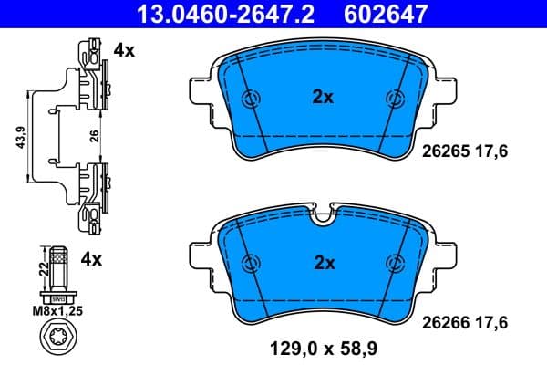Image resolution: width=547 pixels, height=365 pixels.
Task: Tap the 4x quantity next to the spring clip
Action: coord(124,51)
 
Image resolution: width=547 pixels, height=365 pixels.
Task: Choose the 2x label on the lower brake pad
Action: coord(325,262)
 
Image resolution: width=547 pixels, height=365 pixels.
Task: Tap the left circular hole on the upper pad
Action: coord(251,99)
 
